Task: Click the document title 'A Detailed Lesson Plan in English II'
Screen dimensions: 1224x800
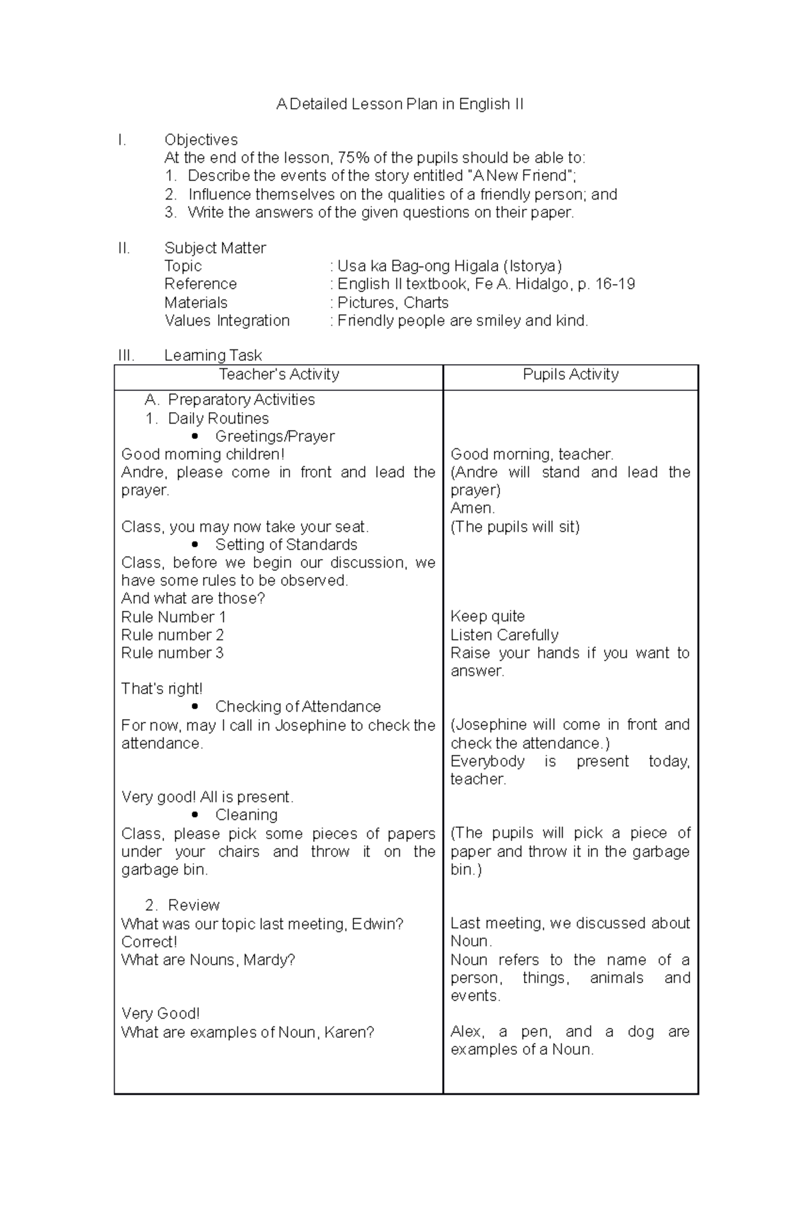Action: coord(400,105)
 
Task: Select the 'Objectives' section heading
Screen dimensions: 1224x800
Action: coord(201,140)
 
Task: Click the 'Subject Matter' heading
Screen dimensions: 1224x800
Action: coord(215,248)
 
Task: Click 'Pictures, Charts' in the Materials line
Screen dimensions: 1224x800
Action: coord(393,303)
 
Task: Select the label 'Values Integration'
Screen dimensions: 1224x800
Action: coord(227,321)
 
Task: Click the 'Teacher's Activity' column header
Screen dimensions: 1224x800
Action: coord(279,375)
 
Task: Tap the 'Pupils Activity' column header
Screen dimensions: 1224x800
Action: coord(571,375)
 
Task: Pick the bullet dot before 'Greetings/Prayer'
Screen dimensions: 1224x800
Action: coord(195,437)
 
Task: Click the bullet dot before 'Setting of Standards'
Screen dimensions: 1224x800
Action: coord(195,545)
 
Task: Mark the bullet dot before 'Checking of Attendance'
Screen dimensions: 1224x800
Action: coord(195,707)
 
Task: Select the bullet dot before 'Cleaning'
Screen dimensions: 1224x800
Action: coord(195,815)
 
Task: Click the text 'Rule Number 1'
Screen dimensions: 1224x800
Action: coord(173,617)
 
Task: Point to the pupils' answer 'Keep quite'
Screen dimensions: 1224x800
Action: coord(487,617)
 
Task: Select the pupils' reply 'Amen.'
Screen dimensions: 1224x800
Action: coord(472,509)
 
